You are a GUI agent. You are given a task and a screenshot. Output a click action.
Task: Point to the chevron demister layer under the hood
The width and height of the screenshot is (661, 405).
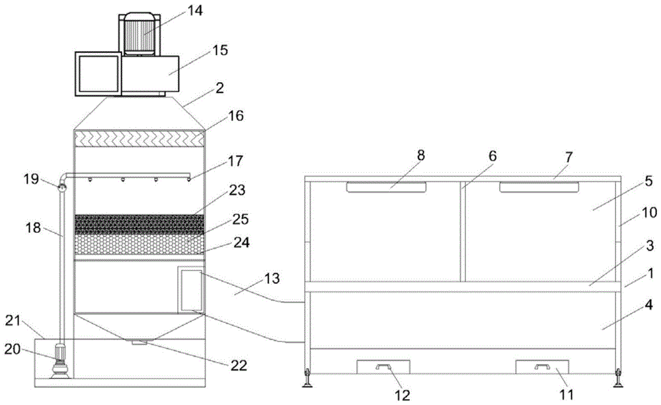(139, 139)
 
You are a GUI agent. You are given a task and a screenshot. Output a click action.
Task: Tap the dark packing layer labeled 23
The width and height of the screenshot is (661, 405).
(139, 224)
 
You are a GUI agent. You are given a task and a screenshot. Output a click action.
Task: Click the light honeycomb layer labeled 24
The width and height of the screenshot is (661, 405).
(139, 245)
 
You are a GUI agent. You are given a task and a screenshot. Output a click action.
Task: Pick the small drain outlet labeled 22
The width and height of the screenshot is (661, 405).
(139, 342)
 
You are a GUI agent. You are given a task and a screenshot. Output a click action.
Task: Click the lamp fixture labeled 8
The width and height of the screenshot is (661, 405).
(386, 188)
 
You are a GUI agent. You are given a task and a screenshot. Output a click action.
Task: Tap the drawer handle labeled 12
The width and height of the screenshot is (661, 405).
(383, 366)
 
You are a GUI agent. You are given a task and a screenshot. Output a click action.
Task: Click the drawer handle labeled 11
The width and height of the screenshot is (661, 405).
(542, 366)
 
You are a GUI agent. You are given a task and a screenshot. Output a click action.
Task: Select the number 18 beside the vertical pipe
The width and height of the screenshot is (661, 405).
(34, 228)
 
